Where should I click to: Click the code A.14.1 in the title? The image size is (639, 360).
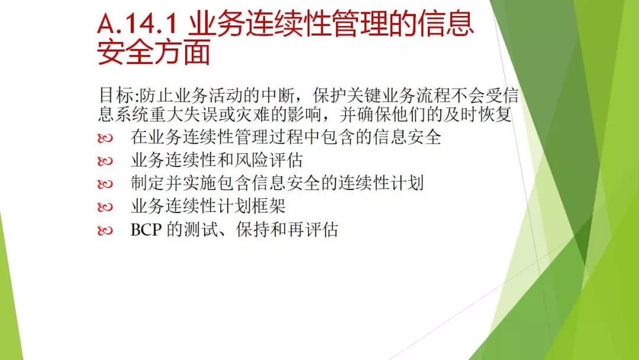pos(137,24)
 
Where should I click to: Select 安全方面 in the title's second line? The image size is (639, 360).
pos(154,52)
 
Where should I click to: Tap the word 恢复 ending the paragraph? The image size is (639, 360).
pos(495,114)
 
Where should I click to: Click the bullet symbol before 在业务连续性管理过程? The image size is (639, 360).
pos(105,139)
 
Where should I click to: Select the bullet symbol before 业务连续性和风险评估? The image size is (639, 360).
pos(105,162)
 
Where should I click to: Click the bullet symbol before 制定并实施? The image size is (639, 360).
pos(105,184)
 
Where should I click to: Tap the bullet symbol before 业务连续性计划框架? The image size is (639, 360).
pos(105,207)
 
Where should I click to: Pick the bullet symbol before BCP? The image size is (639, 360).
pos(105,231)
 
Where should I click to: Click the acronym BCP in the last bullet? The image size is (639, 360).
pos(146,230)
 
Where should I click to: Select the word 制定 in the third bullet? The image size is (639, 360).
pos(147,182)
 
